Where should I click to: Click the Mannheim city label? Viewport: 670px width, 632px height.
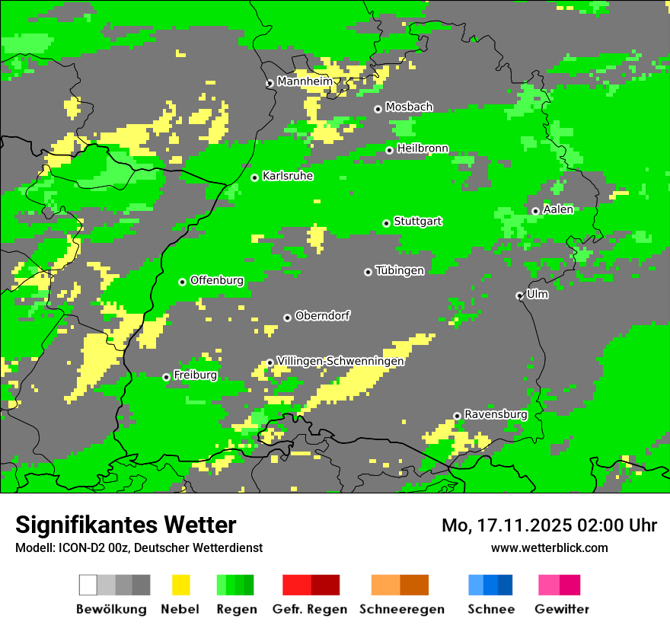(305, 81)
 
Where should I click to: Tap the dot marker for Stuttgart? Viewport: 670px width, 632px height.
(387, 223)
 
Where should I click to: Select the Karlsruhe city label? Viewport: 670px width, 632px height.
(288, 176)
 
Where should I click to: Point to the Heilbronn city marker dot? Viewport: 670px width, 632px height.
(390, 150)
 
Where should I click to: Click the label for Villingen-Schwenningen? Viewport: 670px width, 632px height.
(340, 361)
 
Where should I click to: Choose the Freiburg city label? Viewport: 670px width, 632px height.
(195, 375)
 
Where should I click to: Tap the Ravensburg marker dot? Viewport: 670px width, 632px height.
(458, 416)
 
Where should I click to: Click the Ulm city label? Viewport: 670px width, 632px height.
(537, 294)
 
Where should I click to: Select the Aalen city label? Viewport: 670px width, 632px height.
(558, 209)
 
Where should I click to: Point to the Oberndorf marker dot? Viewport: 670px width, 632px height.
(288, 318)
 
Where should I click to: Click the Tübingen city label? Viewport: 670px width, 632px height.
(400, 270)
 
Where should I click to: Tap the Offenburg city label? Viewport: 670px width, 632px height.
(217, 280)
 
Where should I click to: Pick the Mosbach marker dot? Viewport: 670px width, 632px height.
(378, 109)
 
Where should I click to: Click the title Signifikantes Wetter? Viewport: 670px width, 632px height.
(126, 525)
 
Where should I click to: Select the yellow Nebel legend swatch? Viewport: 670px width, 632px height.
(180, 585)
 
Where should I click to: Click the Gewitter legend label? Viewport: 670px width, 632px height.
(561, 609)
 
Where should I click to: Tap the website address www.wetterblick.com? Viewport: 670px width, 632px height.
(549, 548)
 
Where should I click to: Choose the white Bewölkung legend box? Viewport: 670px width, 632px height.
(88, 585)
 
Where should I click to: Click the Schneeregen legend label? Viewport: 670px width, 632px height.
(401, 609)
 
